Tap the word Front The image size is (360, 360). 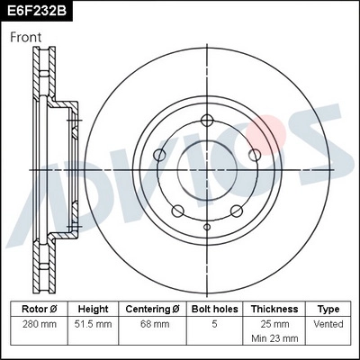point(26,38)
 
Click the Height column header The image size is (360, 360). point(93,309)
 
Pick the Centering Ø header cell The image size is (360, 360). point(152,309)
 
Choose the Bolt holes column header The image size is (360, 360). point(212,309)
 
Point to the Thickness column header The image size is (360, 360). point(274,309)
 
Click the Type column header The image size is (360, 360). point(328,309)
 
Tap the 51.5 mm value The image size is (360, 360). point(93,323)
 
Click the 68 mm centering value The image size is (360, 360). point(152,323)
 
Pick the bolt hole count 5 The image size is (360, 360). point(212,323)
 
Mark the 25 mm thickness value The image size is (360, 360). point(274,322)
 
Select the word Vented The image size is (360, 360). point(328,323)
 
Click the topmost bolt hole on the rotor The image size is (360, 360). point(207,121)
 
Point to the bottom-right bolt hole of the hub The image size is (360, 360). point(235,211)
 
